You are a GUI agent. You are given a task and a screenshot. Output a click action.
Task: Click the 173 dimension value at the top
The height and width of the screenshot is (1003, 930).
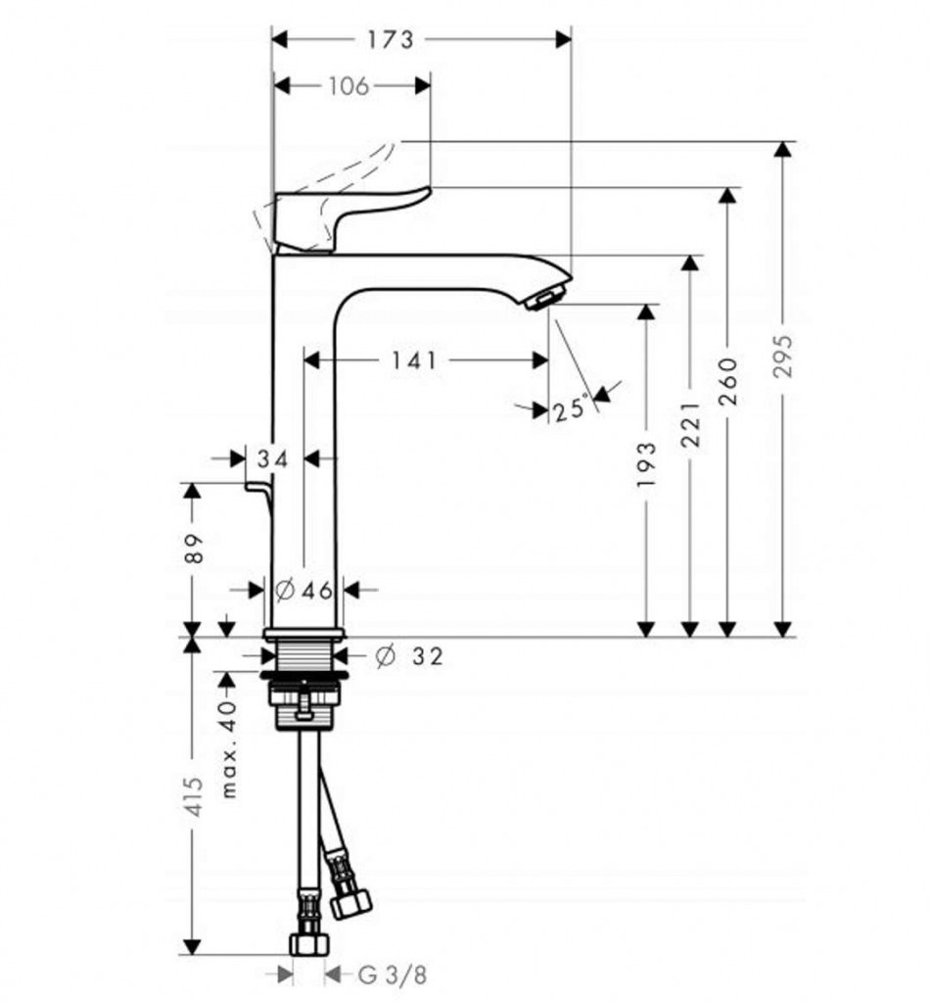point(391,39)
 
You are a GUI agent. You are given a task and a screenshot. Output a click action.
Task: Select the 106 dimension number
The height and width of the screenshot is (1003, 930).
point(349,86)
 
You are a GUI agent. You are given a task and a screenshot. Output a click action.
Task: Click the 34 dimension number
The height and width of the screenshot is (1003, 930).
point(272,458)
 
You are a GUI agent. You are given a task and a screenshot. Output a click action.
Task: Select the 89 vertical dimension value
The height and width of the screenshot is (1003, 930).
point(193,549)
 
